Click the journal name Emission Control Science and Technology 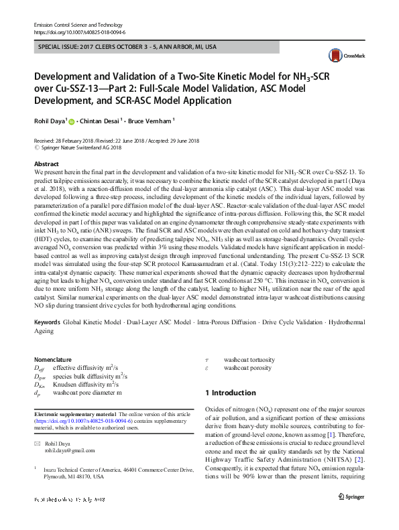coord(77,24)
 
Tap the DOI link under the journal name coord(79,31)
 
